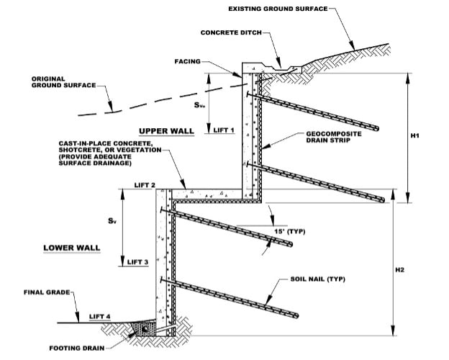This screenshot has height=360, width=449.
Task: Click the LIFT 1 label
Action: tap(224, 130)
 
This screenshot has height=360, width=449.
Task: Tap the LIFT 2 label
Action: tap(144, 186)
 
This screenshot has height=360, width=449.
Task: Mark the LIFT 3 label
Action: tap(137, 262)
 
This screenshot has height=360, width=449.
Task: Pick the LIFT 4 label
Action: tap(101, 316)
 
